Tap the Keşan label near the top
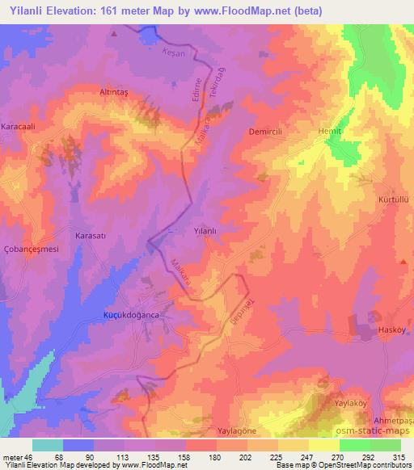173,52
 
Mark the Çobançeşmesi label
32,250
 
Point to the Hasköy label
394,332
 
